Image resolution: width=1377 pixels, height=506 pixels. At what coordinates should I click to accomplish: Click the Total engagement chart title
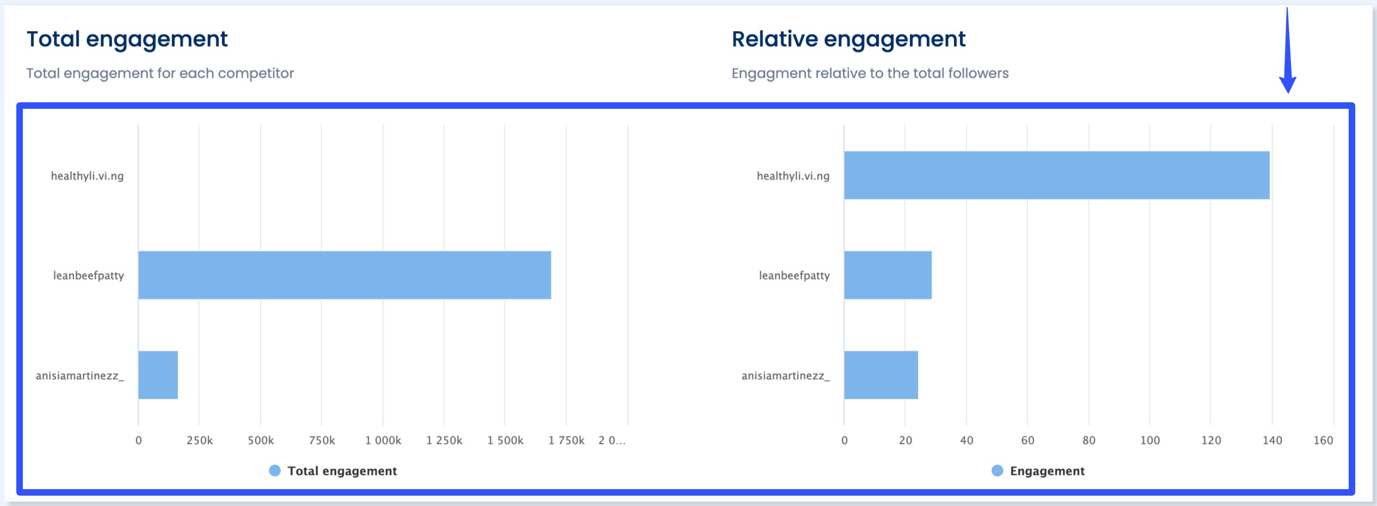[127, 39]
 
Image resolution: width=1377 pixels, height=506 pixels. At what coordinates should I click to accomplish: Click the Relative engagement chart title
[848, 39]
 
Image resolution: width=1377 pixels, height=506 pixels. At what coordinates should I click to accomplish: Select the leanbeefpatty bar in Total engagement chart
[345, 275]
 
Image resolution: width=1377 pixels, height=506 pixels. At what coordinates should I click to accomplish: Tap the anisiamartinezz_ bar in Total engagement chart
[158, 375]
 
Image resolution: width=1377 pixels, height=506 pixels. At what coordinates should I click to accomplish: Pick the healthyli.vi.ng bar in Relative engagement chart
[1056, 175]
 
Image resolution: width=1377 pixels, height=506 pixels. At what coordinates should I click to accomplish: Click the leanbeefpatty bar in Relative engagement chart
[888, 275]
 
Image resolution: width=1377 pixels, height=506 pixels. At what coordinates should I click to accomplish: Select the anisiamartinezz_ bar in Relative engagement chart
[881, 375]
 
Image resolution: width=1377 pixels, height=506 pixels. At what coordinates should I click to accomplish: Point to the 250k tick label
[200, 441]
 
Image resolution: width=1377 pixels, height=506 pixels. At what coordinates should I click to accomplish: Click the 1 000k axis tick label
[383, 441]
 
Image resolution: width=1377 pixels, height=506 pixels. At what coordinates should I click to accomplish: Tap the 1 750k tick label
[566, 441]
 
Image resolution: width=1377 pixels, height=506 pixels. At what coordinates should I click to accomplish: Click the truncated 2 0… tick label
[612, 441]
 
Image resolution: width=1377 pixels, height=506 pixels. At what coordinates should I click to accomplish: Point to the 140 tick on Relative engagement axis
[1272, 441]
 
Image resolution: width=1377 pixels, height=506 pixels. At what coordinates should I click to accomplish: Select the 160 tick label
[1323, 441]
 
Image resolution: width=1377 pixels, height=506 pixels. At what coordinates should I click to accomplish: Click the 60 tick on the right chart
[1028, 441]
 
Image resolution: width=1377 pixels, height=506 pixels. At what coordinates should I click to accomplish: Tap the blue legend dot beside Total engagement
[275, 471]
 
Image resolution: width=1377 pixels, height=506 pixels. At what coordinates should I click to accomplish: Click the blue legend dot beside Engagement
[997, 471]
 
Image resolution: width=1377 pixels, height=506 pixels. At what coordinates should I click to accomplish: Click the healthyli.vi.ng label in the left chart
[87, 176]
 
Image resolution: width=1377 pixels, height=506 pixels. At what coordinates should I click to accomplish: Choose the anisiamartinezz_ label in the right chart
[785, 376]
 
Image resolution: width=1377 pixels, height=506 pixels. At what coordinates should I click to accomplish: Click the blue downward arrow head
[1287, 84]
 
